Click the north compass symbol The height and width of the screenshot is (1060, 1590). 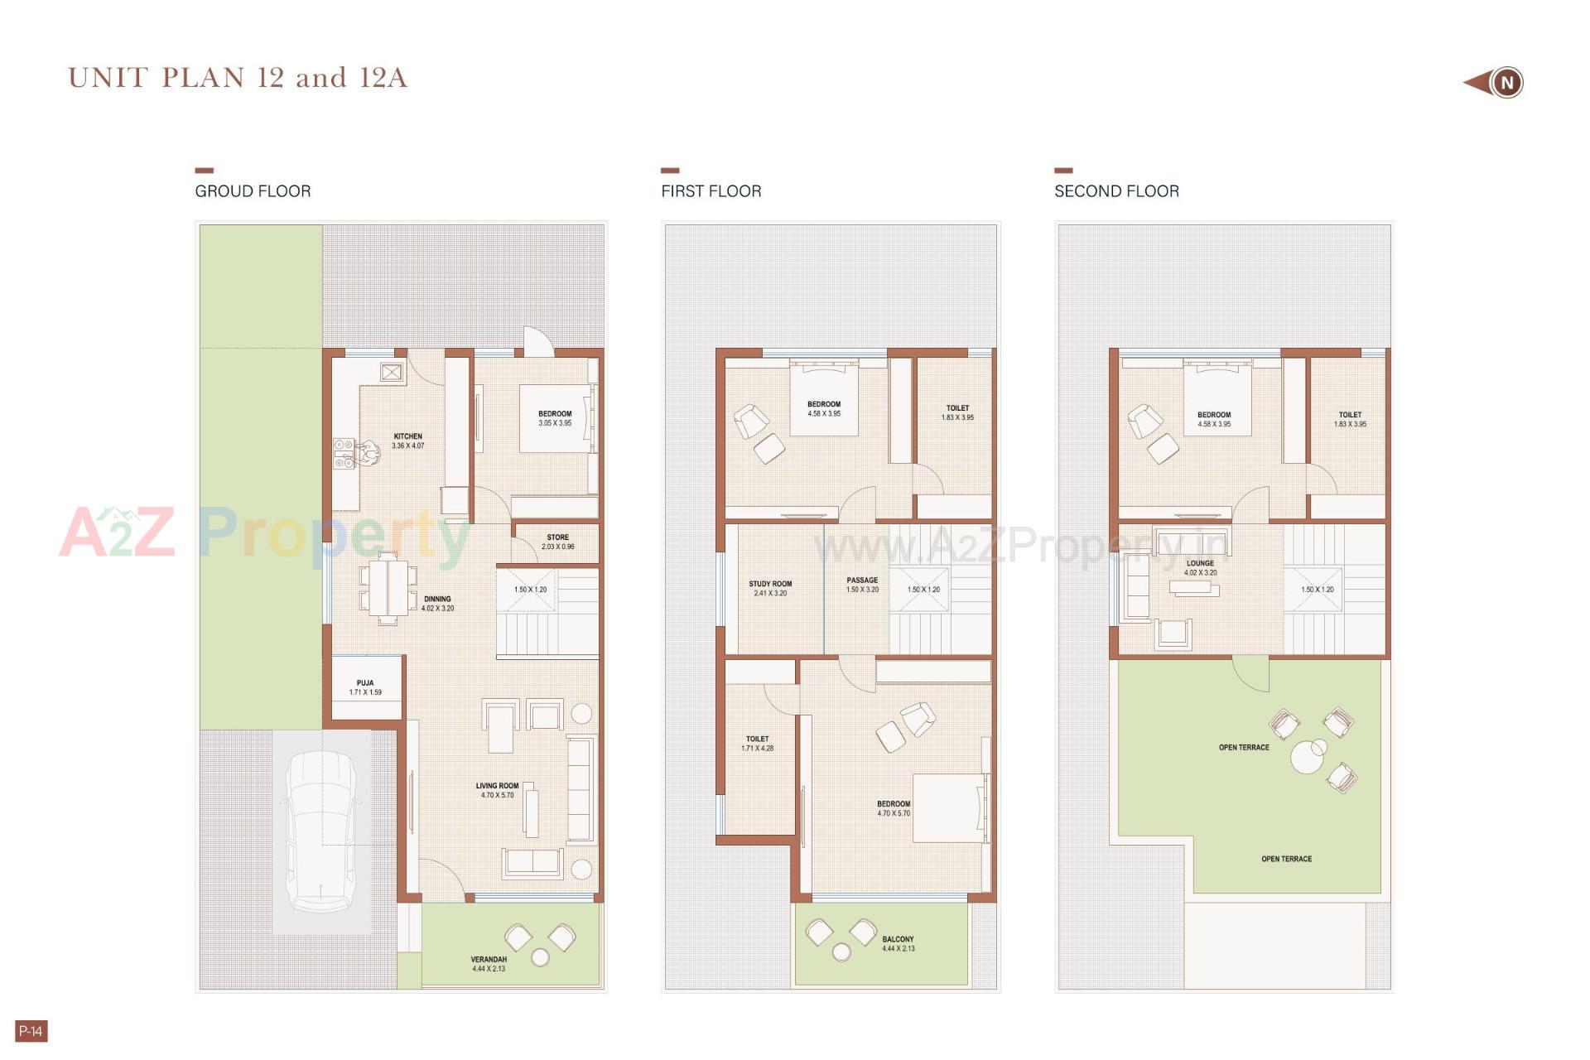pos(1505,83)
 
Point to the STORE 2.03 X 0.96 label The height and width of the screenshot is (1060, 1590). pos(557,542)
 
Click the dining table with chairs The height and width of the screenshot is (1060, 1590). pos(388,588)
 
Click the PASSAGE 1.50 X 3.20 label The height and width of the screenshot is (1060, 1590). pos(862,585)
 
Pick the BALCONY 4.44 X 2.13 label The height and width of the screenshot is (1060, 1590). pos(898,944)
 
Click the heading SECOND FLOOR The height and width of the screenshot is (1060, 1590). pos(1116,191)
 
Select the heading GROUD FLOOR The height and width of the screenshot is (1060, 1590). pos(253,191)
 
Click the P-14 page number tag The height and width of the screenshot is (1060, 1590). pos(31,1031)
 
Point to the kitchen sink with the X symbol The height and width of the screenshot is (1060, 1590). pos(392,373)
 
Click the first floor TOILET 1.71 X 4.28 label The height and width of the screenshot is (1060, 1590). pos(758,743)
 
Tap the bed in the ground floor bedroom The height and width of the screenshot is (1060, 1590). pos(555,418)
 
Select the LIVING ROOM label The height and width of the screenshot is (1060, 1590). pos(497,790)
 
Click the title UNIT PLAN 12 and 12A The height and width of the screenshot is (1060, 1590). pos(238,78)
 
